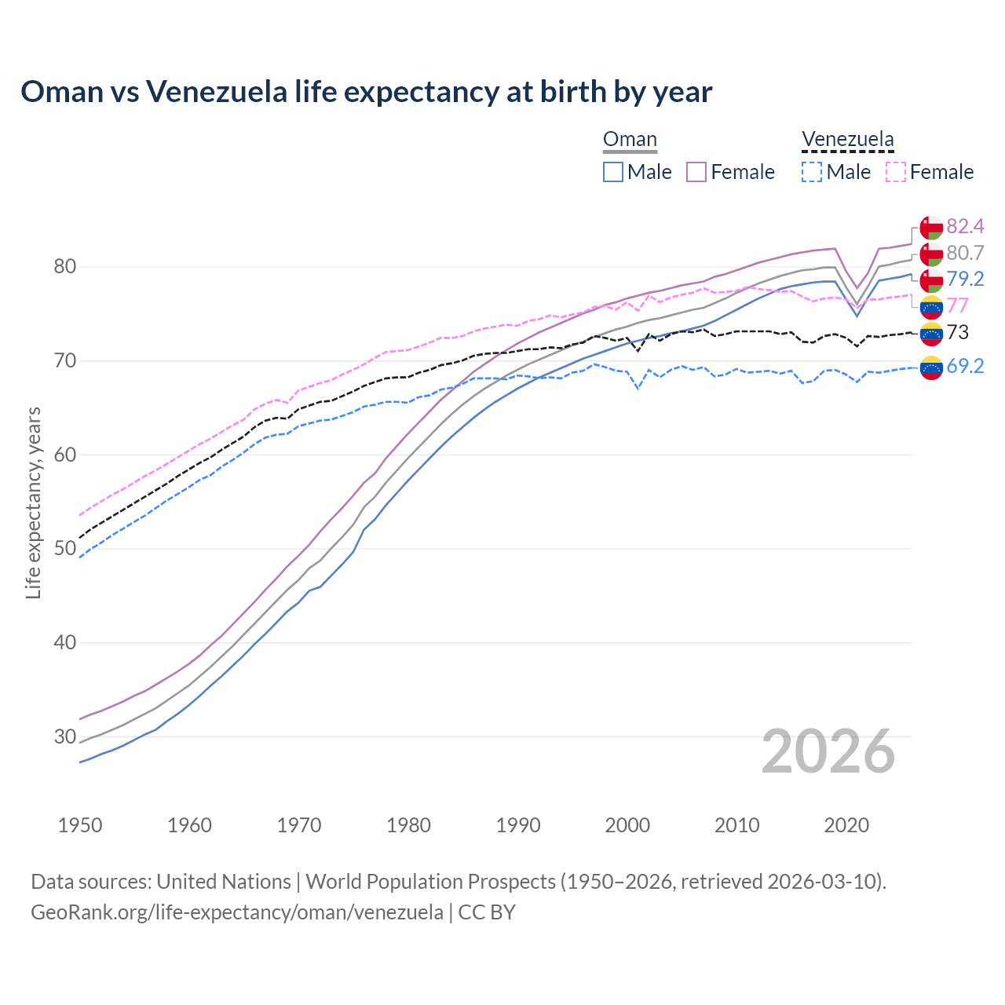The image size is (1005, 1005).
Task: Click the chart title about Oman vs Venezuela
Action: [366, 92]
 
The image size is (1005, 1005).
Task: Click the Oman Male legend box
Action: [613, 172]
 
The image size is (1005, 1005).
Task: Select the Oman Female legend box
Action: [696, 172]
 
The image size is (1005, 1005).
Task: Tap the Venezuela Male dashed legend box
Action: [812, 172]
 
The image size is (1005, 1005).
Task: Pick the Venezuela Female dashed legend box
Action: [896, 172]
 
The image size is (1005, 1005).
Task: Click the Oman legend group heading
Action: [630, 140]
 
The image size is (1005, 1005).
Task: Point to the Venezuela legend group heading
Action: [847, 140]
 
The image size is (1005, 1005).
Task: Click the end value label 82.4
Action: [965, 227]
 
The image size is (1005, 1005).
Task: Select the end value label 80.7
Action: [965, 253]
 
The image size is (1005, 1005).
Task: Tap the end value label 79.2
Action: [965, 279]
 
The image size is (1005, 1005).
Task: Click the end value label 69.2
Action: [965, 366]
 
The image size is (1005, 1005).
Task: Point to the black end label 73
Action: [958, 332]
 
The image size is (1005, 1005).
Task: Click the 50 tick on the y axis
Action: [64, 549]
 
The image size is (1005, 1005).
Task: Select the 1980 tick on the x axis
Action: [408, 825]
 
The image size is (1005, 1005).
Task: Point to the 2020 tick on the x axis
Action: [846, 825]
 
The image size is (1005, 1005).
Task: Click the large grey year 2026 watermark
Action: [828, 751]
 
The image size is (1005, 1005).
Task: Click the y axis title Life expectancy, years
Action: [33, 502]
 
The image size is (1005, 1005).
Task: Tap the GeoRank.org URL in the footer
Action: [237, 912]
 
